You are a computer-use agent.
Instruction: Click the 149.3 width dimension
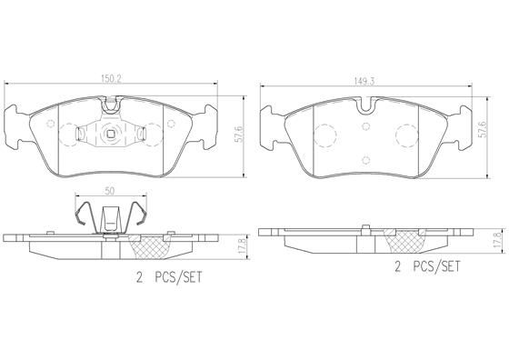coord(367,79)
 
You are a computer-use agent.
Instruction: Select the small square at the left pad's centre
coord(110,137)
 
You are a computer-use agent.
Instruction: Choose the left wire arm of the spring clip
coord(84,218)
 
